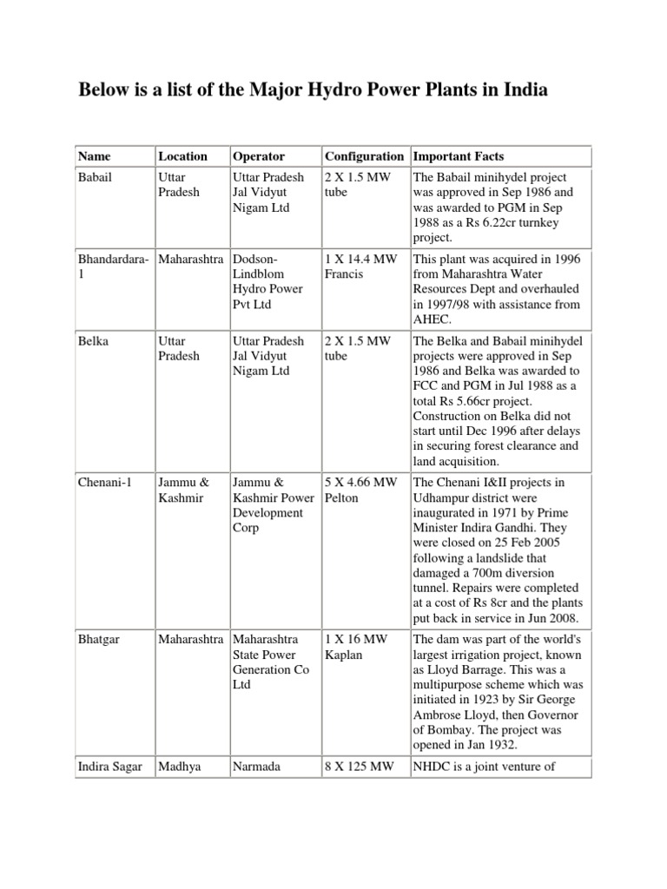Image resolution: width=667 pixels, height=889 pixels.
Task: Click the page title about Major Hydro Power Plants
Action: pos(314,90)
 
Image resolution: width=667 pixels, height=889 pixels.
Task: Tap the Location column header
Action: pos(182,156)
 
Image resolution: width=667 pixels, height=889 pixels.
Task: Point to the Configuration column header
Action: pos(364,156)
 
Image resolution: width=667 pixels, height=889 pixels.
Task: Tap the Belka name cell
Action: pos(92,340)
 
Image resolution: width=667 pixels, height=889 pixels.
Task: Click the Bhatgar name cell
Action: pos(97,641)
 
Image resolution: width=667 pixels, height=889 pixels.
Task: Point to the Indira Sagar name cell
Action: pos(109,767)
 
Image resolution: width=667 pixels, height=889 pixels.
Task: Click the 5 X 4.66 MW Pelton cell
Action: pos(361,491)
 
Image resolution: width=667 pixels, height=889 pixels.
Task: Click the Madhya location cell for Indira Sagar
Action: pos(180,767)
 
